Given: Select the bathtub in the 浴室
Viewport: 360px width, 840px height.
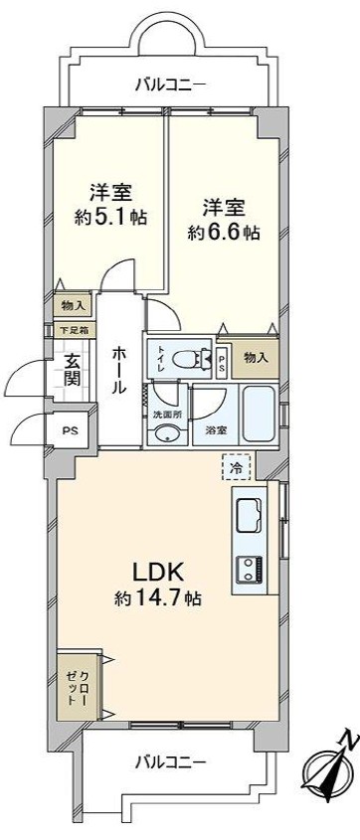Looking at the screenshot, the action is (259, 415).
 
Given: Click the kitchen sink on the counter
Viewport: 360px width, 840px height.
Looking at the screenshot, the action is (249, 514).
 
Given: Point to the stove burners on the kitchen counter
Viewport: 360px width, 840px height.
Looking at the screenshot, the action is (251, 570).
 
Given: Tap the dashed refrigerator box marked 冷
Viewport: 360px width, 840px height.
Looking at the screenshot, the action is (236, 467).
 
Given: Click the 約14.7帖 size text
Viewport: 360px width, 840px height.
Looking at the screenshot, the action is (157, 597).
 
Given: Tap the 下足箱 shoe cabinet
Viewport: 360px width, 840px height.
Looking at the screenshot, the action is (75, 329).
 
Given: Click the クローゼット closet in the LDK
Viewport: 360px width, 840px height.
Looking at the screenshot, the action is (79, 686).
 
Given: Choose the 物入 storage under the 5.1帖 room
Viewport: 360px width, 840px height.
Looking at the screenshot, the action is (73, 305).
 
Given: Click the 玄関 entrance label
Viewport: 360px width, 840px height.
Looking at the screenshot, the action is (72, 370).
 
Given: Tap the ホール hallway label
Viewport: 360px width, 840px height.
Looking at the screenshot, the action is (119, 369).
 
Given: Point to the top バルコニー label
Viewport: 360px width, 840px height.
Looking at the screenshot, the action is (170, 84).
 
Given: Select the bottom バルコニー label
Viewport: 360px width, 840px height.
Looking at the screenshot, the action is (170, 760).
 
